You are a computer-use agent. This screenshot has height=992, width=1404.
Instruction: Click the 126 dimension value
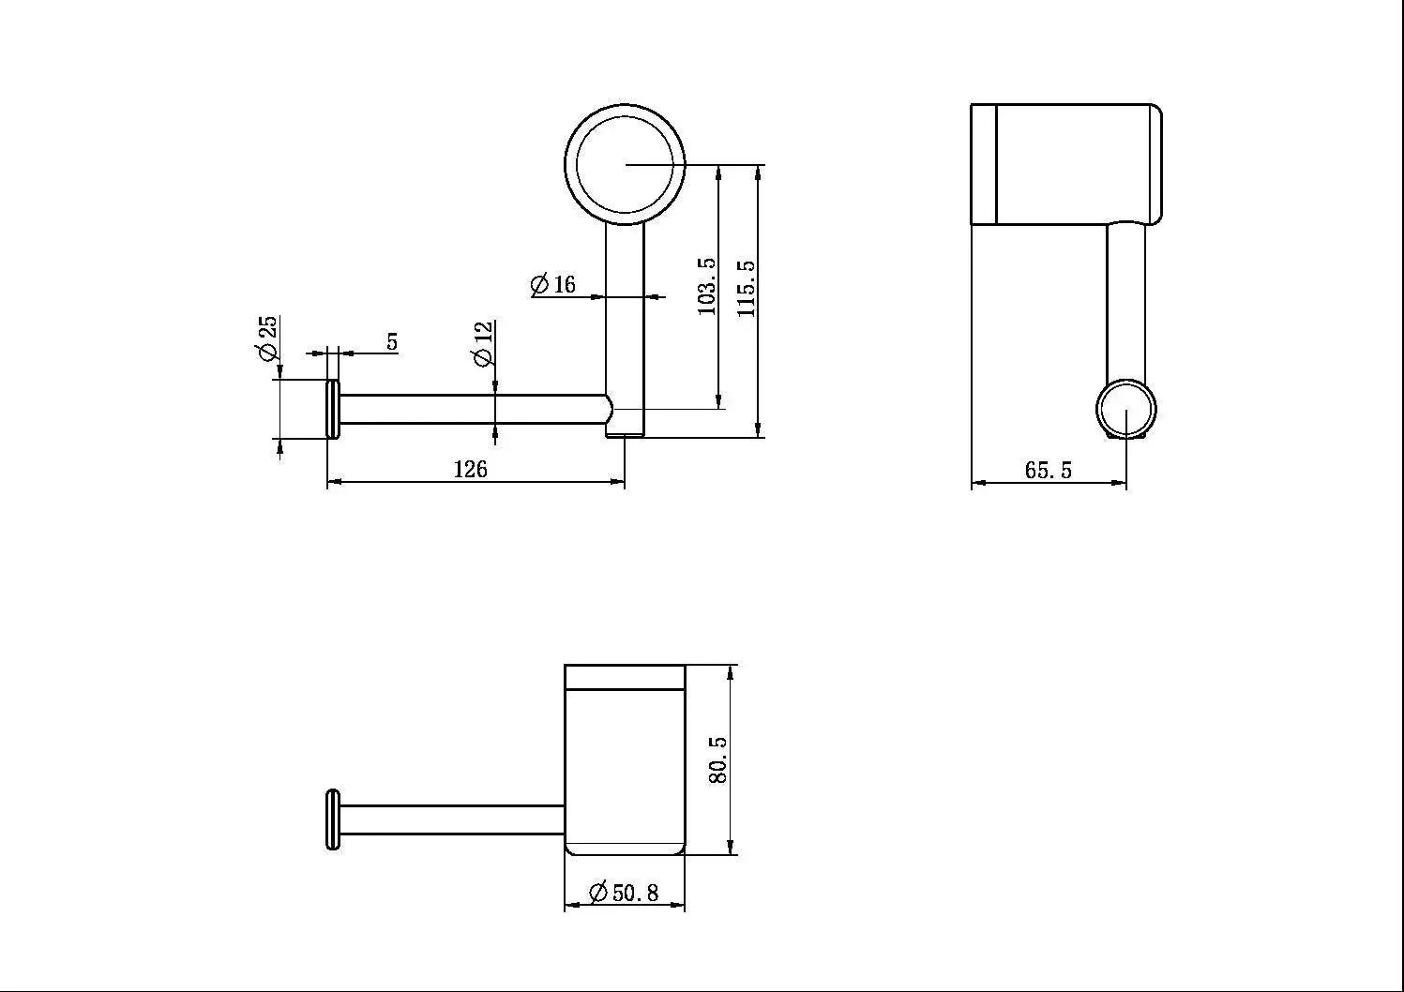(471, 469)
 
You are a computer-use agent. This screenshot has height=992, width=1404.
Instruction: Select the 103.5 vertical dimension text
(707, 287)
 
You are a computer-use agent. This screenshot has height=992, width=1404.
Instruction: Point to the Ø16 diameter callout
(553, 284)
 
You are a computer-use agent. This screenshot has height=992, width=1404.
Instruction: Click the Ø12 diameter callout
(483, 344)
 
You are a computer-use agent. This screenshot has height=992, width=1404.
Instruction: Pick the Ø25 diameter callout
(267, 338)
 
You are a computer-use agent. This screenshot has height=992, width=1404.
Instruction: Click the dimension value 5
(392, 342)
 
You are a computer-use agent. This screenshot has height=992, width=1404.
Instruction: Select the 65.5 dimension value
(1048, 470)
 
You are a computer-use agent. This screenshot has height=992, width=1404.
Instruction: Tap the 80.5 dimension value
(717, 759)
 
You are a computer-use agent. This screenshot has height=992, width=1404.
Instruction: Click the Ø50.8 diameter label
(624, 892)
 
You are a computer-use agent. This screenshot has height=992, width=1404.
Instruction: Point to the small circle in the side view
(1126, 410)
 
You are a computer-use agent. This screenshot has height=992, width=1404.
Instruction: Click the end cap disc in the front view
(332, 409)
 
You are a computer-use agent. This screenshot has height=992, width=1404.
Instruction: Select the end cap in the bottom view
(332, 820)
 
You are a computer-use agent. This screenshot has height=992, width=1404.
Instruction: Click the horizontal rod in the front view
(469, 409)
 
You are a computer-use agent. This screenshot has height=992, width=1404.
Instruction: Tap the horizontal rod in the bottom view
(450, 819)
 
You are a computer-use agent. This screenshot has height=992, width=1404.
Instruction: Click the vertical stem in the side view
(1125, 300)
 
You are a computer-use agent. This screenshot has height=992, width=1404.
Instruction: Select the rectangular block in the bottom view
(625, 759)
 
